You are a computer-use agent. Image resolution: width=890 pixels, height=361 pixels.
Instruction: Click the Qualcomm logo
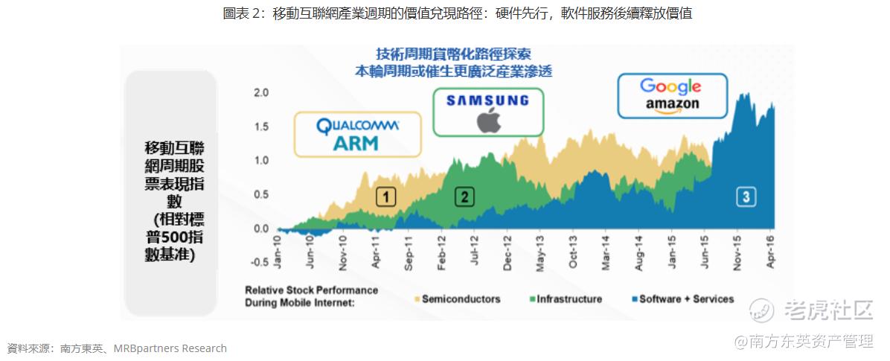point(358,125)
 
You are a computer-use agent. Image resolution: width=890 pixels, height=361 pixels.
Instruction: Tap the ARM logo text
point(355,143)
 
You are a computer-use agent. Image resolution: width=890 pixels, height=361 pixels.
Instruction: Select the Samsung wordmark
point(487,101)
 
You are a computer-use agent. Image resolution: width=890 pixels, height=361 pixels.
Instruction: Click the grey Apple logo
point(488,120)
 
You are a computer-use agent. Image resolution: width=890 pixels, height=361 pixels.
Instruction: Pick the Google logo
point(670,87)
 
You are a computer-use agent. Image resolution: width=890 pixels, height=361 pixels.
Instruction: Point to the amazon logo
point(672,106)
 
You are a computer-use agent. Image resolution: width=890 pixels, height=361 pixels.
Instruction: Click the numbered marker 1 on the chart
point(386,197)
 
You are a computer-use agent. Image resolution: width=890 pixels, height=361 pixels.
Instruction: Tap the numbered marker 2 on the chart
point(464,197)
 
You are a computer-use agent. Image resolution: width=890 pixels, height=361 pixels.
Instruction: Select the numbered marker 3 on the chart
point(746,197)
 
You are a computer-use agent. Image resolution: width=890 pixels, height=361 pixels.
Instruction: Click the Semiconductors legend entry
point(458,298)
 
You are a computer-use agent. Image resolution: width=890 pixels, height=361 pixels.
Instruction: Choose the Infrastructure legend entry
point(566,298)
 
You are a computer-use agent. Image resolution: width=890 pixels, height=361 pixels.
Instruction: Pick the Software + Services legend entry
point(683,298)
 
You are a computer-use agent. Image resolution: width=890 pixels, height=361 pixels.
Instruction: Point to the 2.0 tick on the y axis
point(260,92)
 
